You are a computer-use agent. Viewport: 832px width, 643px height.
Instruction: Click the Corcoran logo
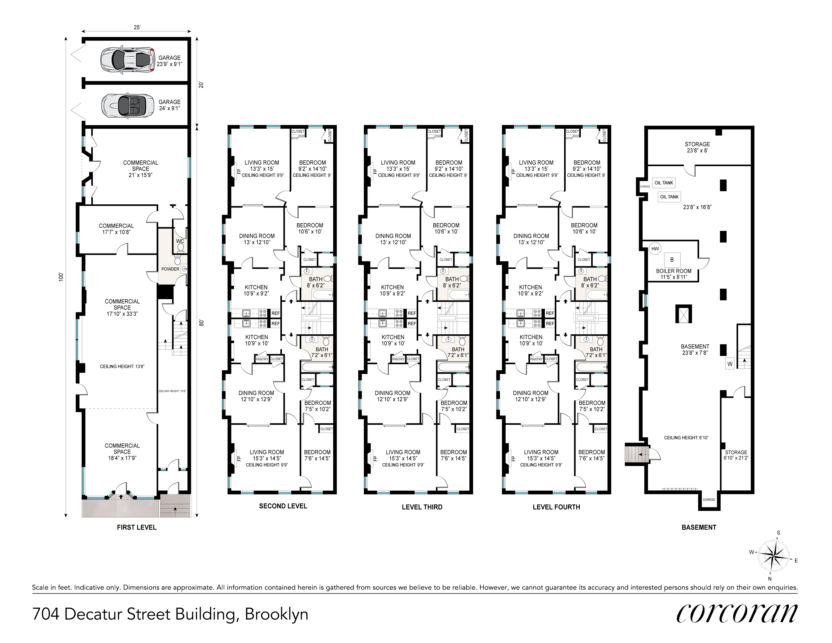click(x=737, y=613)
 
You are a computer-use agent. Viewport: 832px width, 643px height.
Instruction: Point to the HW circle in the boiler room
click(x=655, y=249)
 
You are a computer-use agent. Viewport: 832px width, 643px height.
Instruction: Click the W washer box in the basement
click(x=730, y=364)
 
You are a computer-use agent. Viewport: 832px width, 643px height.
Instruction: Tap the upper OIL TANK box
click(x=664, y=183)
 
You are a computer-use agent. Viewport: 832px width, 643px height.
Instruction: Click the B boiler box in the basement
click(x=672, y=260)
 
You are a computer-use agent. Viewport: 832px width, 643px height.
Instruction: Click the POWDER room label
click(x=170, y=269)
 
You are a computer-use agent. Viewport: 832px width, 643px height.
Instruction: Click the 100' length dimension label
click(x=61, y=277)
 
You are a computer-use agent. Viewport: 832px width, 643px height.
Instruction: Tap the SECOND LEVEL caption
click(x=283, y=506)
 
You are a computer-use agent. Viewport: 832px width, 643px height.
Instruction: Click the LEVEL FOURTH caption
click(x=556, y=507)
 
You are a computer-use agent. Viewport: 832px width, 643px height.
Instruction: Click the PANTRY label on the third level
click(x=398, y=359)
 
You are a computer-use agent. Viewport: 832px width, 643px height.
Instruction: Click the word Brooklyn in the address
click(x=276, y=614)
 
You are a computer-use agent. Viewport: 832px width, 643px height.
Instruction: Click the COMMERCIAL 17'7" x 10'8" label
click(x=116, y=229)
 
